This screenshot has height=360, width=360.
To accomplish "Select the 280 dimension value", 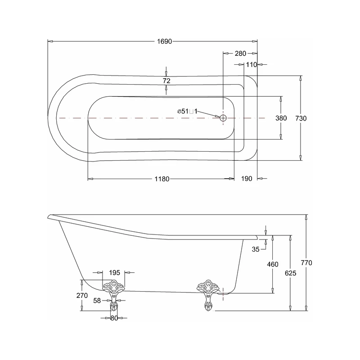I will click(240, 54).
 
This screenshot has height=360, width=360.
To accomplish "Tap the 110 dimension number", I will click(251, 65).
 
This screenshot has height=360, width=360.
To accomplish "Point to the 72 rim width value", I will click(166, 81).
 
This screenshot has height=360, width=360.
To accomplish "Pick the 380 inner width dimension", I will click(281, 118).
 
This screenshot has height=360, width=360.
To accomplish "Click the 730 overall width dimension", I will click(301, 118).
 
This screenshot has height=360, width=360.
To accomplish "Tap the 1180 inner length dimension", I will click(162, 179).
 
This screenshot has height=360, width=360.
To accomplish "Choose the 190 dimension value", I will click(246, 179).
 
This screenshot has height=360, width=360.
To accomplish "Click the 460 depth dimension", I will click(273, 264).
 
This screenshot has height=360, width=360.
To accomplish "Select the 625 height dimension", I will click(291, 273).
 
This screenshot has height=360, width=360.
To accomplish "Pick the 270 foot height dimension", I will click(82, 296).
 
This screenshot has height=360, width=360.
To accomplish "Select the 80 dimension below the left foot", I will click(114, 318).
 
